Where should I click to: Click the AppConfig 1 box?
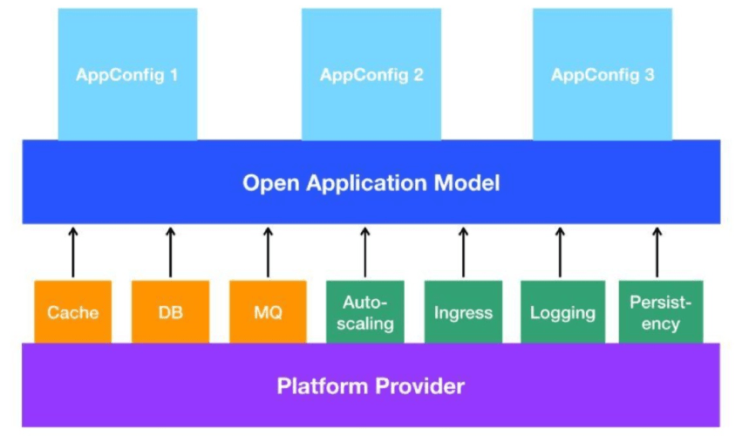[127, 74]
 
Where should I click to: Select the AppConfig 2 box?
[371, 74]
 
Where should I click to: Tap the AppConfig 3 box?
[603, 74]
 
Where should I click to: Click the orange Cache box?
[73, 311]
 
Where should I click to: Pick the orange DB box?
[170, 311]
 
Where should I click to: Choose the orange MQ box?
[268, 311]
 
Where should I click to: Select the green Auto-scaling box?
[365, 311]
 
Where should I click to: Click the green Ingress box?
[463, 311]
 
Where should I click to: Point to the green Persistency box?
[659, 311]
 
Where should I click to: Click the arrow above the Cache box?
[73, 251]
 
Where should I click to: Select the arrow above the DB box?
[170, 251]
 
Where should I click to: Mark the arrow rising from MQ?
[268, 251]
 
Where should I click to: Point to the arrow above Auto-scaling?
[365, 251]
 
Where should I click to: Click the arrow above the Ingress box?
[463, 251]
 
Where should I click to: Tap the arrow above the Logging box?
[560, 251]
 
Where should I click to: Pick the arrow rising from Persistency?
[657, 251]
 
